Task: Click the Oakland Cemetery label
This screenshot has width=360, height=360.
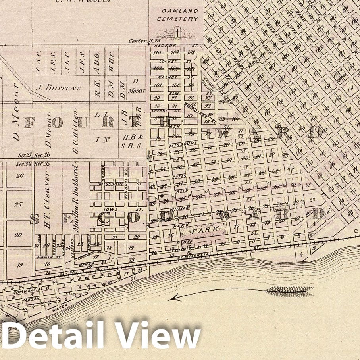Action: (x=177, y=15)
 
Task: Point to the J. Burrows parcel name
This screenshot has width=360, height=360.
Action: (x=58, y=88)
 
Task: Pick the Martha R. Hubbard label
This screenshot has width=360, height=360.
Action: (x=75, y=198)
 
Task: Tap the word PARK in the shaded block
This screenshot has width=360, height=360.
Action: (x=201, y=229)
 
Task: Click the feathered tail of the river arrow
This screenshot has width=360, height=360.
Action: (x=290, y=291)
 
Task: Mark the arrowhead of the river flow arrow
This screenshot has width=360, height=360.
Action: (x=171, y=298)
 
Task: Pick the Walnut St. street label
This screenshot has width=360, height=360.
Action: (x=175, y=77)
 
